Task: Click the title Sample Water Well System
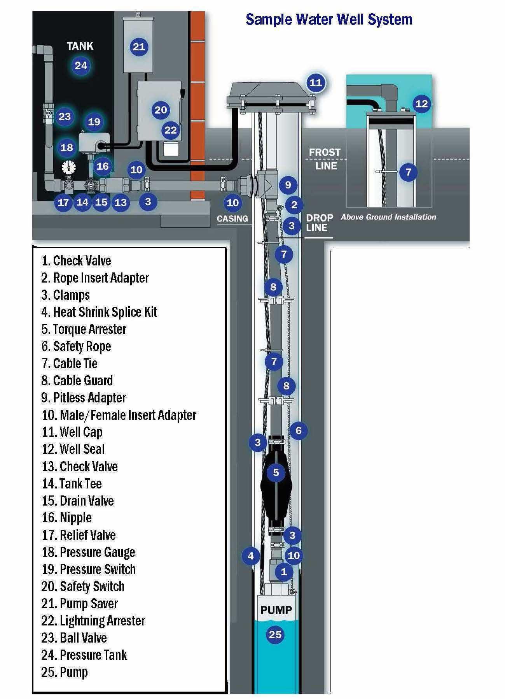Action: point(329,19)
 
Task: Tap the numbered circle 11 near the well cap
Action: point(315,83)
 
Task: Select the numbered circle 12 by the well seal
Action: point(421,104)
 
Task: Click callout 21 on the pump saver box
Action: point(139,47)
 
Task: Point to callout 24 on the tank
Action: point(81,65)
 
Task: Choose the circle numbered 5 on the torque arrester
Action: point(276,472)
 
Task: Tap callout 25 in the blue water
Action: point(275,634)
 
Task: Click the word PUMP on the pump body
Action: point(276,610)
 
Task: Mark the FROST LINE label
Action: point(325,159)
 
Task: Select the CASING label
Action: point(232,219)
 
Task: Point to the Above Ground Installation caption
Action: point(388,217)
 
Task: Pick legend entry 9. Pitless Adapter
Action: point(84,398)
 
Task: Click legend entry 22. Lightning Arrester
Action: point(93,620)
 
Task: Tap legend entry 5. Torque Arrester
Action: point(84,329)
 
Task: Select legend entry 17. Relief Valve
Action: point(79,535)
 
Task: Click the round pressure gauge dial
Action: point(68,167)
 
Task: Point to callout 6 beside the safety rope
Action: point(298,430)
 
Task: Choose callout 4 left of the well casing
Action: point(251,556)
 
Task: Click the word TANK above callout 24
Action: point(80,46)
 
